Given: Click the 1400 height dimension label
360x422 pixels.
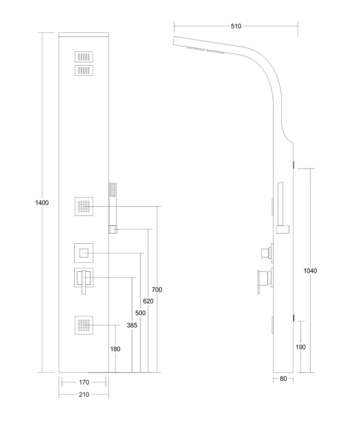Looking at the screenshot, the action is (x=42, y=203).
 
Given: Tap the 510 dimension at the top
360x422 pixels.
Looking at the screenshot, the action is (x=236, y=26).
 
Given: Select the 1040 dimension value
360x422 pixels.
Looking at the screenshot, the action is (x=310, y=271).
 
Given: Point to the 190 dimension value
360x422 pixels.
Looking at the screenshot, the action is (x=301, y=347).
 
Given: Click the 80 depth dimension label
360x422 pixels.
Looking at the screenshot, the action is (x=283, y=379).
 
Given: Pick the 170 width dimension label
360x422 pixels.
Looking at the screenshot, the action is (x=84, y=382).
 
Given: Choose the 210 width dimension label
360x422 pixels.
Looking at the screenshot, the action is (x=84, y=395).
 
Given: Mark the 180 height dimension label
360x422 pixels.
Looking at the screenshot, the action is (x=115, y=349).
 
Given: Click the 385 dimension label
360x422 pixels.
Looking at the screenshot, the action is (x=132, y=325).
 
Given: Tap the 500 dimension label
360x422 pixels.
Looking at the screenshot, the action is (x=141, y=313).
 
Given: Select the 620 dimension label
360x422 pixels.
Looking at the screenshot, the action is (x=148, y=301).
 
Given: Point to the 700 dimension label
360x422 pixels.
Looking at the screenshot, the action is (x=157, y=290).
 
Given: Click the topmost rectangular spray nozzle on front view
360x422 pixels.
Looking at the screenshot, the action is (x=84, y=57).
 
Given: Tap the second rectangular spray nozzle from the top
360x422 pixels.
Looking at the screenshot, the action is (x=84, y=71).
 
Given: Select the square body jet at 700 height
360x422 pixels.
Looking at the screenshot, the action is (x=84, y=206).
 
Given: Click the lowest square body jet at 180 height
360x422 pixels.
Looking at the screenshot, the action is (x=84, y=325).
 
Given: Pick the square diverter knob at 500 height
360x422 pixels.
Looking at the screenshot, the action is (x=84, y=253).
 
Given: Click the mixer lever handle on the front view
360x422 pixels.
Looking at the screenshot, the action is (x=84, y=282).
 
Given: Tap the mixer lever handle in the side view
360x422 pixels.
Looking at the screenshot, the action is (x=259, y=282).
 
